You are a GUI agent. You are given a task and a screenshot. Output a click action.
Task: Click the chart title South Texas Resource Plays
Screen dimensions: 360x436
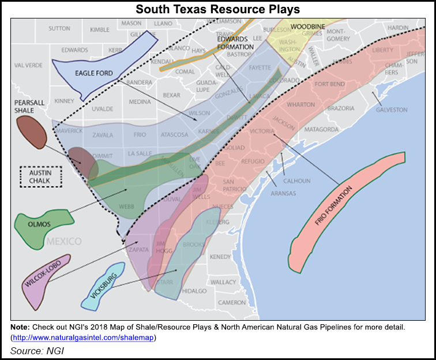pos(217,10)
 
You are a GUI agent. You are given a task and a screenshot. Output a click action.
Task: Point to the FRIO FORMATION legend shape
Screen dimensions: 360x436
pos(346,213)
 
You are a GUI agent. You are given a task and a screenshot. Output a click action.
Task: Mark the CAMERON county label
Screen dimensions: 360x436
pos(232,302)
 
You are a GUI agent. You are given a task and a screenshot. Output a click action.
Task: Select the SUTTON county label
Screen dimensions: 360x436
pos(59,28)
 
